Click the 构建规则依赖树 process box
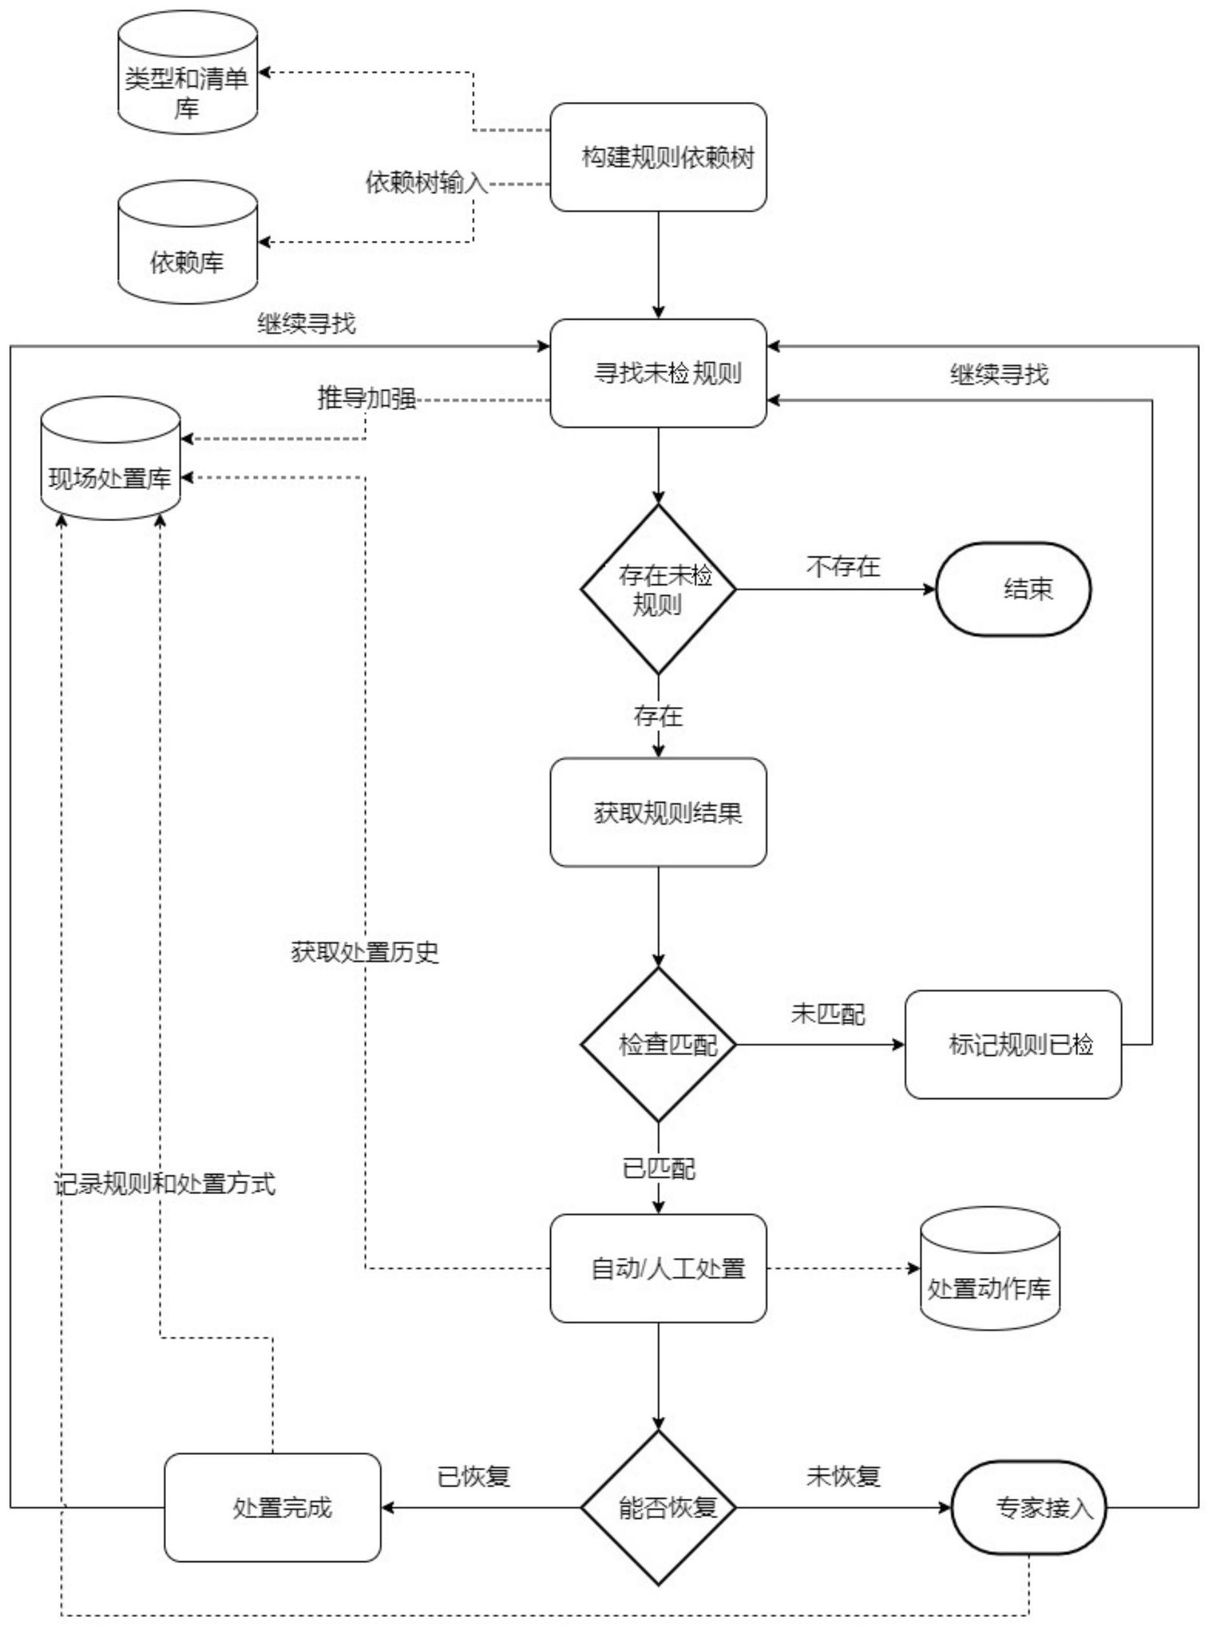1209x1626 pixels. point(658,158)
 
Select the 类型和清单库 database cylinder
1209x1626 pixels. point(187,73)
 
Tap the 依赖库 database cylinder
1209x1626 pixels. point(187,243)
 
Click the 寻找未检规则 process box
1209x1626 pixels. point(658,373)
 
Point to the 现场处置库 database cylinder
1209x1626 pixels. point(110,460)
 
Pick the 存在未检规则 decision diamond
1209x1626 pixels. point(658,589)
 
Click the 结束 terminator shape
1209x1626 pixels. point(1013,589)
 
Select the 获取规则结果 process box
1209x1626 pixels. point(658,812)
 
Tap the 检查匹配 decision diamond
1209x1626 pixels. point(658,1044)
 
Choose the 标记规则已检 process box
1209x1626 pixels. point(1013,1044)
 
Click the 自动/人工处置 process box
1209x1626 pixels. point(658,1268)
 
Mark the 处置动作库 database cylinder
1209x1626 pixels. point(989,1269)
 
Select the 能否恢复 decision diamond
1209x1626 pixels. point(658,1507)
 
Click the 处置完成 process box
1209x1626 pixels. point(273,1507)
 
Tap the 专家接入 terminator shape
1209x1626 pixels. point(1028,1507)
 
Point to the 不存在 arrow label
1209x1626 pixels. point(843,567)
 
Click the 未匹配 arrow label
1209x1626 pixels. point(828,1014)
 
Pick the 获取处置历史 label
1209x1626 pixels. point(364,952)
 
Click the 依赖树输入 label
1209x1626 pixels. point(427,182)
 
